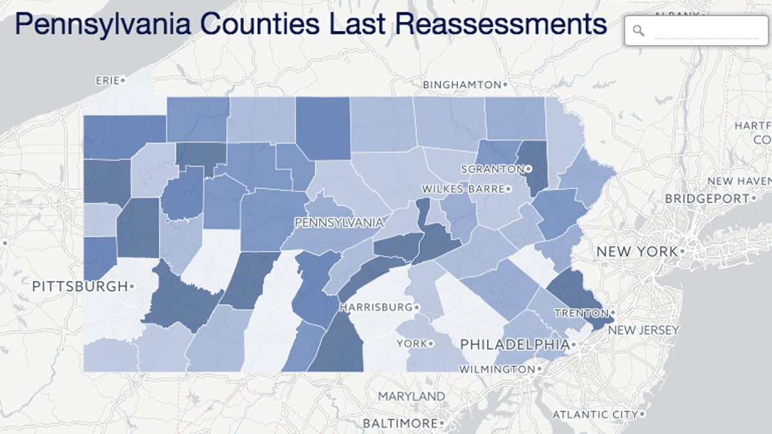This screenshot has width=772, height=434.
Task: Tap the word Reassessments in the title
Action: click(x=501, y=24)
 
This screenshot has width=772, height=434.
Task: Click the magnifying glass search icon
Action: click(x=638, y=31)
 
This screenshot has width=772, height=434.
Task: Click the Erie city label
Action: click(x=107, y=80)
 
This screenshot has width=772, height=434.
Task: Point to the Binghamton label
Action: click(x=461, y=85)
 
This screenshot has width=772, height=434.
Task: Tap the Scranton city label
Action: click(x=493, y=169)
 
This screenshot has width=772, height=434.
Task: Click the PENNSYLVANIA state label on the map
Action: click(x=338, y=223)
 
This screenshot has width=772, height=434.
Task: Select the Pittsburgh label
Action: click(x=80, y=286)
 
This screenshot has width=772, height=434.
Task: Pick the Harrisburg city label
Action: click(x=376, y=307)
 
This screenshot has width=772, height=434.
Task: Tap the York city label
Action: click(x=412, y=344)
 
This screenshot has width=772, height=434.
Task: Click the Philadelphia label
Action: click(x=515, y=345)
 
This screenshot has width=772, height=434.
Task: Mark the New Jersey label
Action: click(x=643, y=330)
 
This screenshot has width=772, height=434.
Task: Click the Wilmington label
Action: click(x=496, y=370)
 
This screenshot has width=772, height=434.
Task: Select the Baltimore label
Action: click(x=400, y=423)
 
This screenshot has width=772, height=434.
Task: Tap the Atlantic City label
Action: click(x=594, y=415)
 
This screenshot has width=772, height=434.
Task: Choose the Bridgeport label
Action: click(x=706, y=199)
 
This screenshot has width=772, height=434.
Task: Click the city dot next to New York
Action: click(x=683, y=251)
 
